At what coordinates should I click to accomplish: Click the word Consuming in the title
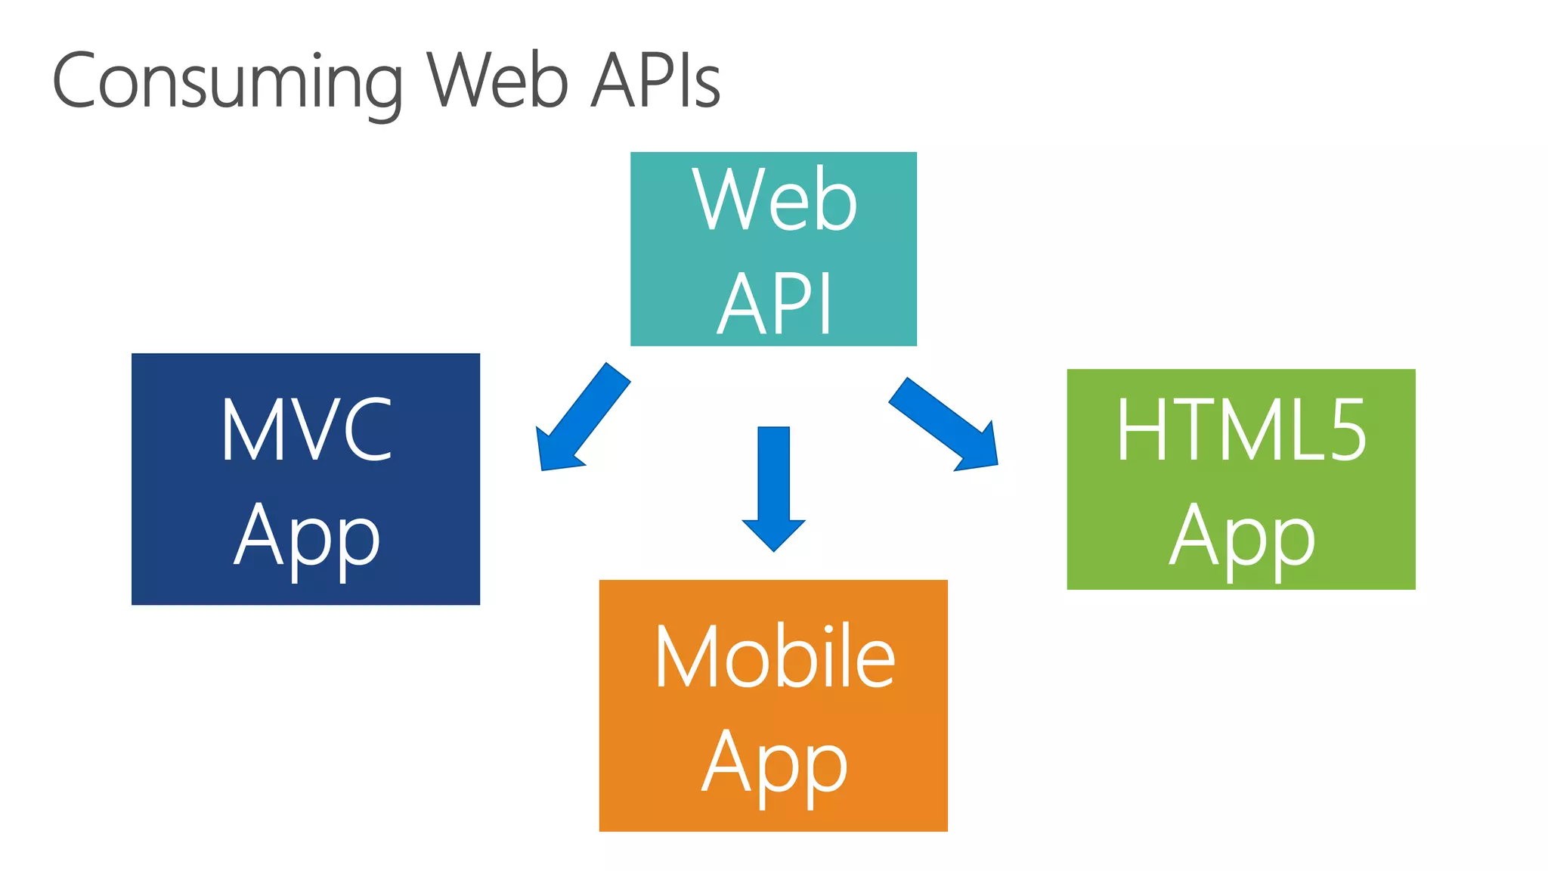(x=227, y=82)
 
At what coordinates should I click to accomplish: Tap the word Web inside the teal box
(x=775, y=200)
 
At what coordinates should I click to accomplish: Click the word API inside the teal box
(x=774, y=304)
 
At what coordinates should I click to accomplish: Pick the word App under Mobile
(x=774, y=764)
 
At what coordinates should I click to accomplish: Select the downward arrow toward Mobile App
(x=773, y=484)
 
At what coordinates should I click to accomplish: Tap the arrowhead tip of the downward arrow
(x=773, y=547)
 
